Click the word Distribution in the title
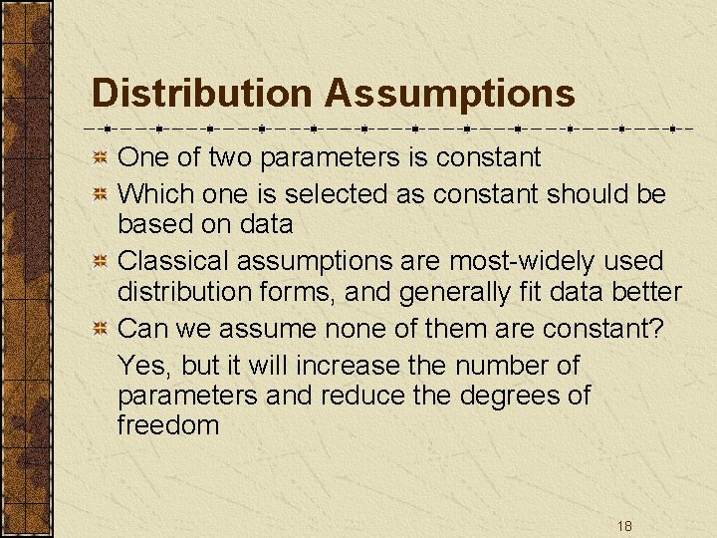201,94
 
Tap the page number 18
624,525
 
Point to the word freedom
168,425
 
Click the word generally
447,293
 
